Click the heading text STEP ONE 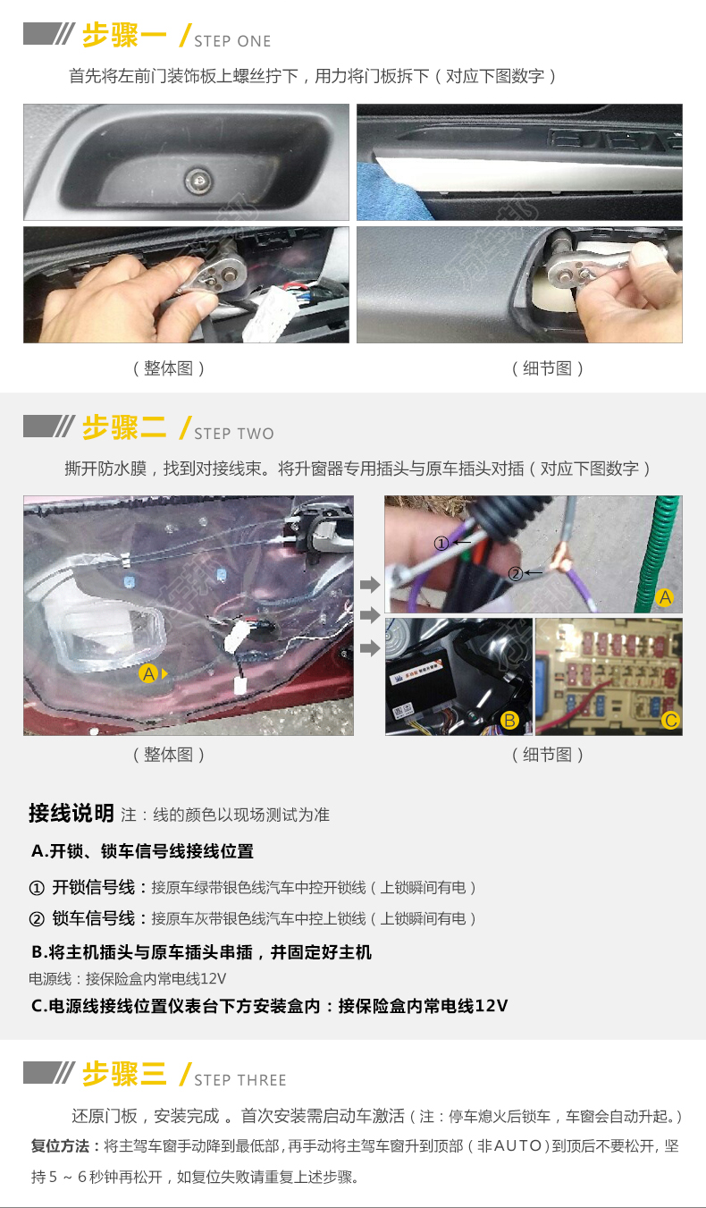[x=232, y=41]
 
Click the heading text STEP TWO [x=234, y=434]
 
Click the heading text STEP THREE [x=240, y=1080]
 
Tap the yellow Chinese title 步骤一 [x=124, y=36]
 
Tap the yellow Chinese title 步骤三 [x=124, y=1073]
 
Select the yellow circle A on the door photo [x=148, y=673]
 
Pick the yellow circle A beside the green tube [x=665, y=597]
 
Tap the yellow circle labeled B [x=509, y=721]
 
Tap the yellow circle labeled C [x=670, y=721]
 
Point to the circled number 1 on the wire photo [x=441, y=543]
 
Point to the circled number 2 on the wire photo [x=516, y=573]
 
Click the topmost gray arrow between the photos [x=370, y=584]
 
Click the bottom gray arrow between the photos [x=370, y=647]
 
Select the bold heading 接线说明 [x=71, y=813]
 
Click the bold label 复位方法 [x=60, y=1145]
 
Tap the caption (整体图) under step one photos [x=169, y=368]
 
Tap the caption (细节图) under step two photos [x=548, y=755]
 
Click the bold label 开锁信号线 [x=93, y=887]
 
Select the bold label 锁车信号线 [x=93, y=918]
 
